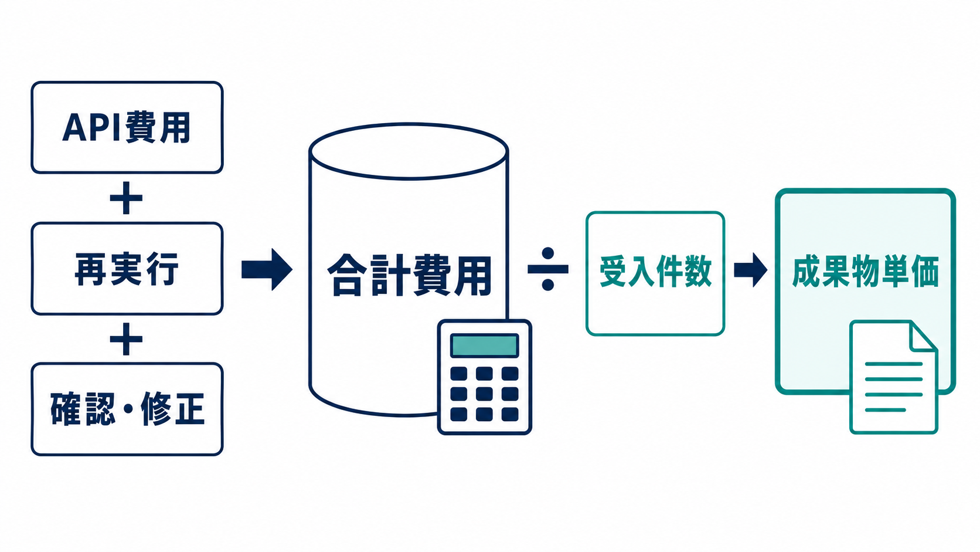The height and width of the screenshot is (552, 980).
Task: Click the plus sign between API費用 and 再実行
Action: pos(126,198)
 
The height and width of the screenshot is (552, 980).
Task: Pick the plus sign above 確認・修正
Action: pos(126,339)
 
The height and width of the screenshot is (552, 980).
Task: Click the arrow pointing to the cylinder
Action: pos(267,269)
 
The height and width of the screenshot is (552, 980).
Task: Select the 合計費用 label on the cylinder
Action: pos(409,276)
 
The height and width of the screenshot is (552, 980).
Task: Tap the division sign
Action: pos(548,269)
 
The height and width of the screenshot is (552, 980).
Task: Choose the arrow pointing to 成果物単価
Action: pos(750,270)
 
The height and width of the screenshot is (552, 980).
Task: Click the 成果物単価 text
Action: pos(865,273)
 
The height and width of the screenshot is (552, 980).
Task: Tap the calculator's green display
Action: pos(484,346)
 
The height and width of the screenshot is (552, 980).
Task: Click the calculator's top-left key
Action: pos(459,374)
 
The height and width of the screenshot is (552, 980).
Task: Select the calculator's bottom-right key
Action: pos(510,414)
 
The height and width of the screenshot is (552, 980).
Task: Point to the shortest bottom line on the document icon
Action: pos(885,410)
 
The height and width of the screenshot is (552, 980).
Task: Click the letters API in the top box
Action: pos(91,127)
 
